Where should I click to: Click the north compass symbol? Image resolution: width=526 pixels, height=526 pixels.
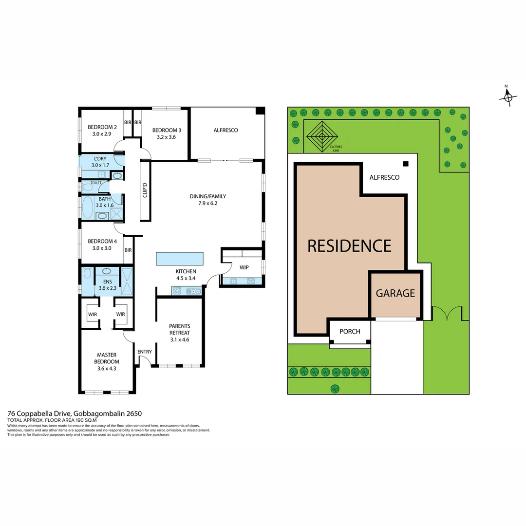tap(507, 97)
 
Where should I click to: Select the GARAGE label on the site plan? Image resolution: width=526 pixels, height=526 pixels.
tap(395, 293)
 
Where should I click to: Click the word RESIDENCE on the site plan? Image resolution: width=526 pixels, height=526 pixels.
tap(349, 246)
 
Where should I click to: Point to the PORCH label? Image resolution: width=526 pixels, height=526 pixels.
tap(350, 332)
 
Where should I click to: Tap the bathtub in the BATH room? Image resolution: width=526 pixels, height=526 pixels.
tap(88, 207)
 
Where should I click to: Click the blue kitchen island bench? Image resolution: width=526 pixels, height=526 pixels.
tap(180, 259)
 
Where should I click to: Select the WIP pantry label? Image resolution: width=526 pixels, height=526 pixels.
tap(244, 267)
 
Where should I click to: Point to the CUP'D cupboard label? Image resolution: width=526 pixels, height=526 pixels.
tap(145, 190)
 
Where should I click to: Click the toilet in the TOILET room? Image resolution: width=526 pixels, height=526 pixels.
tap(88, 187)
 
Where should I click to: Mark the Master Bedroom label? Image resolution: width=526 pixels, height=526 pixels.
tap(107, 358)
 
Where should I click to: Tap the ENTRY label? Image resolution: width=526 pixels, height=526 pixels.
tap(145, 352)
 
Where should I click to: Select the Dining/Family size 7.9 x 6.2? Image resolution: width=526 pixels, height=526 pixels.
tap(207, 204)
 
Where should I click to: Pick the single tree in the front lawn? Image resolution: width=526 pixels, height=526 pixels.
tap(335, 388)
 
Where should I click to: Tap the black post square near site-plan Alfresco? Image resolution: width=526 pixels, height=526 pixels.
tap(405, 164)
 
